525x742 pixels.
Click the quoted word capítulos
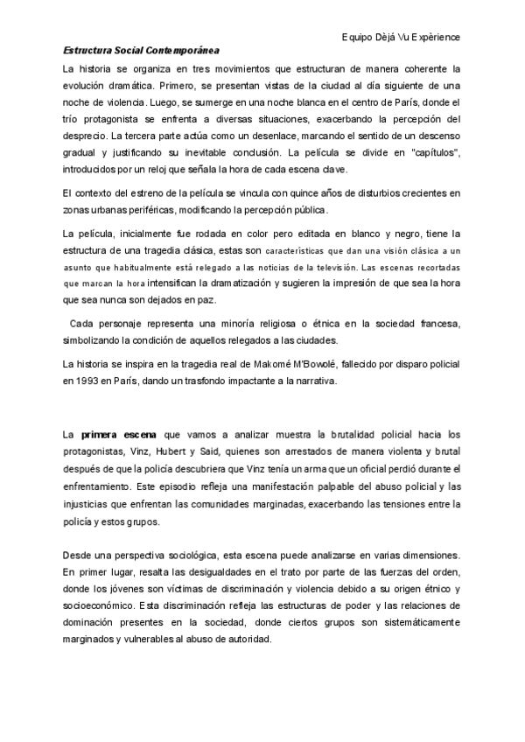pyautogui.click(x=433, y=153)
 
